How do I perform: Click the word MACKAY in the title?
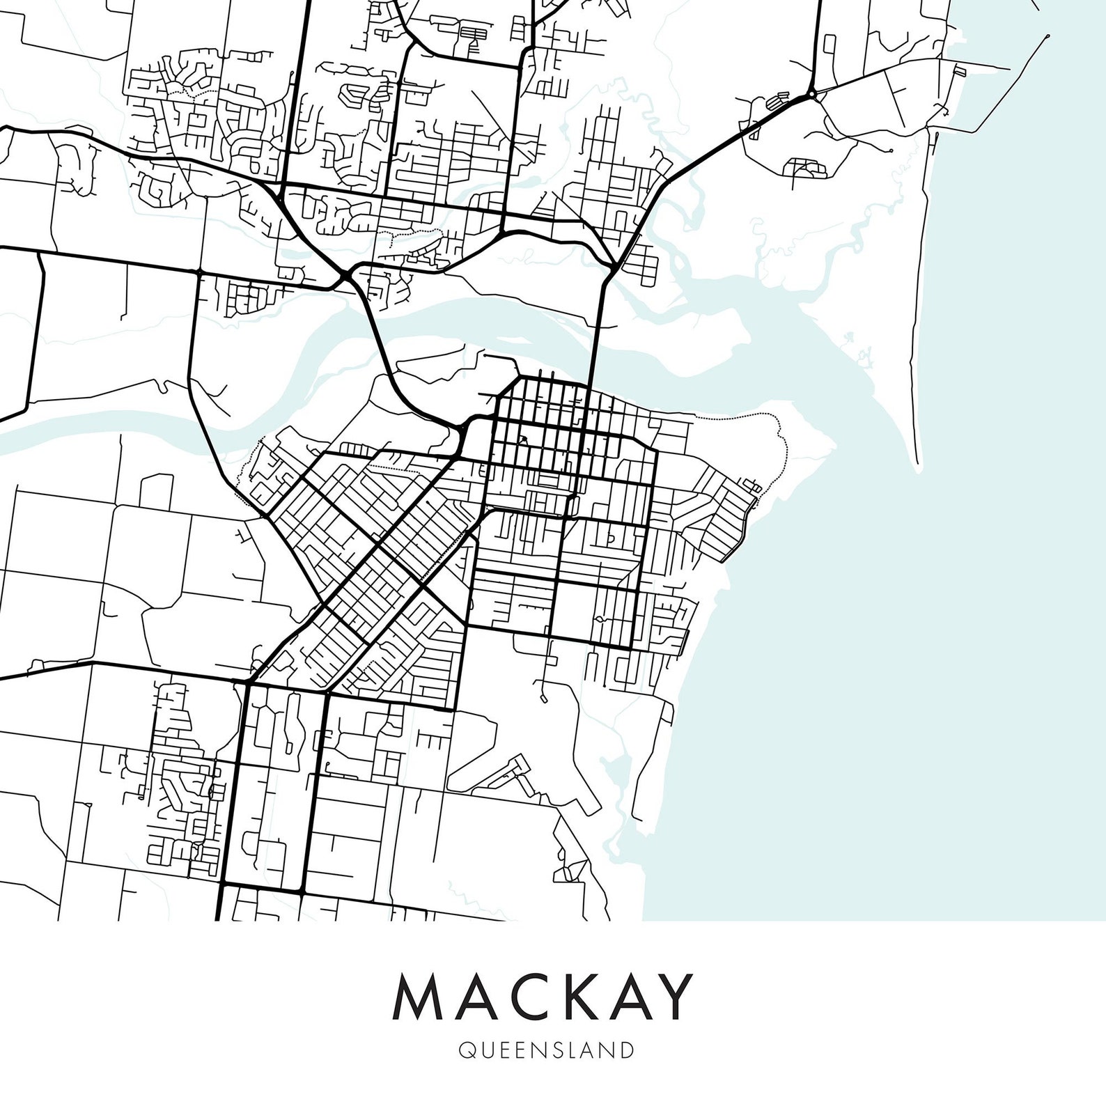click(x=544, y=997)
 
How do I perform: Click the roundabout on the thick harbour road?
click(x=811, y=93)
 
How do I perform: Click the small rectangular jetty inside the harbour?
click(x=959, y=70)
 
